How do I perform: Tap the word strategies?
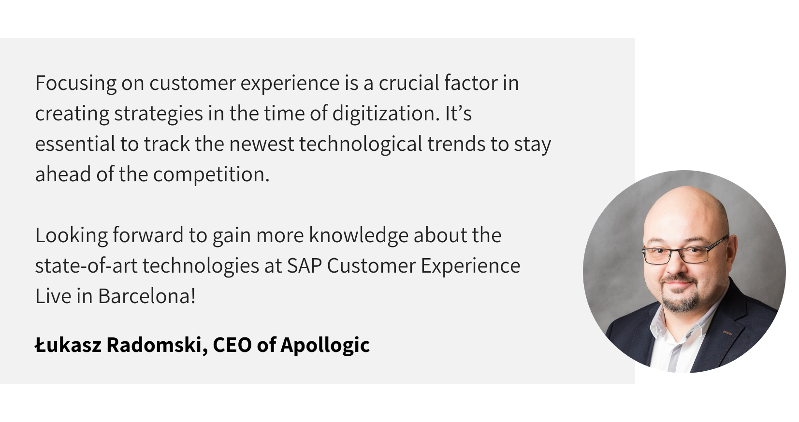tap(159, 114)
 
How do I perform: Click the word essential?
tap(75, 144)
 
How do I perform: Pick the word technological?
tap(361, 144)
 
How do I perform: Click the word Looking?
tap(72, 235)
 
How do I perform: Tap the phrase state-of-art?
tap(86, 266)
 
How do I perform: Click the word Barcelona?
tap(146, 296)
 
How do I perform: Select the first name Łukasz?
tap(68, 345)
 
